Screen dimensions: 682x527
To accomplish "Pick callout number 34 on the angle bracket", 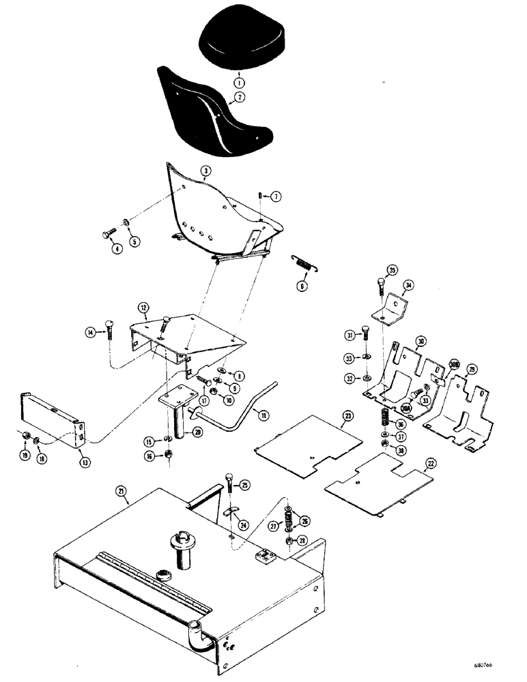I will pyautogui.click(x=409, y=284).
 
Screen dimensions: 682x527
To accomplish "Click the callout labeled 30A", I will pyautogui.click(x=406, y=409).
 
